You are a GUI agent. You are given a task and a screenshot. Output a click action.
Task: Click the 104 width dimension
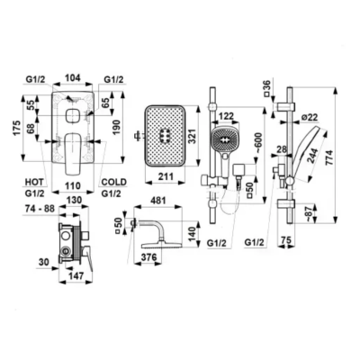(x=73, y=78)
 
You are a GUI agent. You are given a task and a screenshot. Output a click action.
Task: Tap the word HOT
(x=34, y=182)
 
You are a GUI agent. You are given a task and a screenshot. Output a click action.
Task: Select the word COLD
(x=114, y=182)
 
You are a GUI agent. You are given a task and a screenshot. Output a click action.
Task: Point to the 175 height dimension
(x=17, y=129)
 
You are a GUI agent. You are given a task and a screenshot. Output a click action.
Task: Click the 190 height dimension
(x=117, y=128)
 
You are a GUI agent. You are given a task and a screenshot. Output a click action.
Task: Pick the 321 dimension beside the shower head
(x=192, y=136)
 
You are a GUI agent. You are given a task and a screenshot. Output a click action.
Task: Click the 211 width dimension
(x=166, y=176)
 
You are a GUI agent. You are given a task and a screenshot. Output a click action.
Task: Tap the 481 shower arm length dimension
(x=157, y=200)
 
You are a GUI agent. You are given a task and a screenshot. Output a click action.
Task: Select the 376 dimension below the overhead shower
(x=148, y=257)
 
